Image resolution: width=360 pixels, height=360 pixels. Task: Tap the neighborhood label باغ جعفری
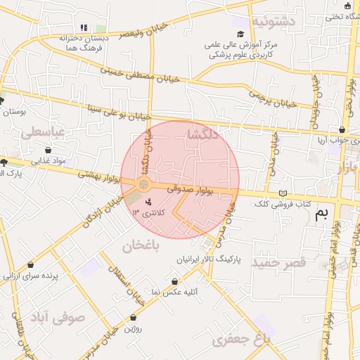(241, 340)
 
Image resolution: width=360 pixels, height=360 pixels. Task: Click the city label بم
(321, 213)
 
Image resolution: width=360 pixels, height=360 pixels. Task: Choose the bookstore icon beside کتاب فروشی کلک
(283, 193)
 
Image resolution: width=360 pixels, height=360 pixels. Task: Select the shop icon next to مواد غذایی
(48, 150)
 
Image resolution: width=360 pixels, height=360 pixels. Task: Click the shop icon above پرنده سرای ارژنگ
(30, 265)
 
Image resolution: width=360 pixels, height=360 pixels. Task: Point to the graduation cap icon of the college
(240, 34)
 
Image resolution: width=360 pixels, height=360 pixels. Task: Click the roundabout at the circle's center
(143, 184)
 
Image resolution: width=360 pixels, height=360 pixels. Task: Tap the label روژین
(133, 328)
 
